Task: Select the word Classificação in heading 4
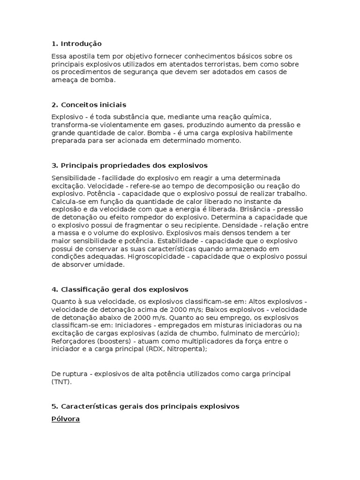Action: tap(82, 290)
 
